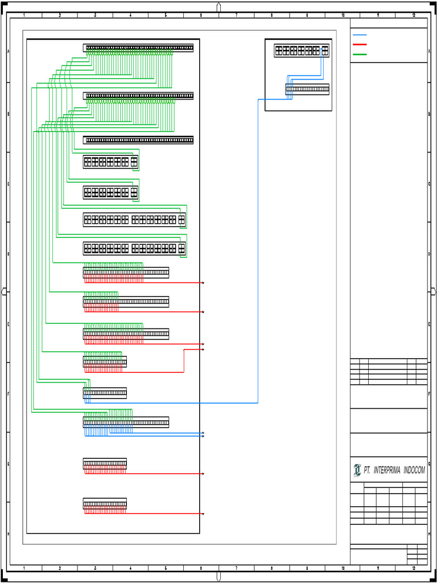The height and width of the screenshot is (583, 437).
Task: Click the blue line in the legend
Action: (360, 35)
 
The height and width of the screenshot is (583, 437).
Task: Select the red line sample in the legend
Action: (360, 44)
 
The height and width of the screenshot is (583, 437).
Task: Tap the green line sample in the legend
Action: (360, 55)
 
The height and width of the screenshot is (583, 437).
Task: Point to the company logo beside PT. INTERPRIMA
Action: (357, 470)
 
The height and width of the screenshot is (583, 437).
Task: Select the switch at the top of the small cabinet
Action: (302, 51)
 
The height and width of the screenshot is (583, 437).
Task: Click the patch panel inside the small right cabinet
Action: (307, 89)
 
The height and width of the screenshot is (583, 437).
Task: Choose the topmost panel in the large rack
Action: (138, 48)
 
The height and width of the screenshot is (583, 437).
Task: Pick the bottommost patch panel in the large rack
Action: (105, 504)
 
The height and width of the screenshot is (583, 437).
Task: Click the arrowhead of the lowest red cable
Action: (203, 514)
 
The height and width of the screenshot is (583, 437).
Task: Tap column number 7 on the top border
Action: (236, 15)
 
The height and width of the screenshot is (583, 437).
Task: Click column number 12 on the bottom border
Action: (414, 568)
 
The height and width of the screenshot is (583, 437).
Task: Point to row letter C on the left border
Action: (8, 184)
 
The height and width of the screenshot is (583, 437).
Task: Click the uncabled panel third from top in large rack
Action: (138, 140)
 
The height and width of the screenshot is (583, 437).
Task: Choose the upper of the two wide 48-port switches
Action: (134, 219)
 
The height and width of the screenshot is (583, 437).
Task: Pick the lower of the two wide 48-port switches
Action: (134, 248)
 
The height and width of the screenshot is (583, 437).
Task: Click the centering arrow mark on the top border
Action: (218, 7)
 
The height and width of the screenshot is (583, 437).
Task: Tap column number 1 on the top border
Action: (24, 15)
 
